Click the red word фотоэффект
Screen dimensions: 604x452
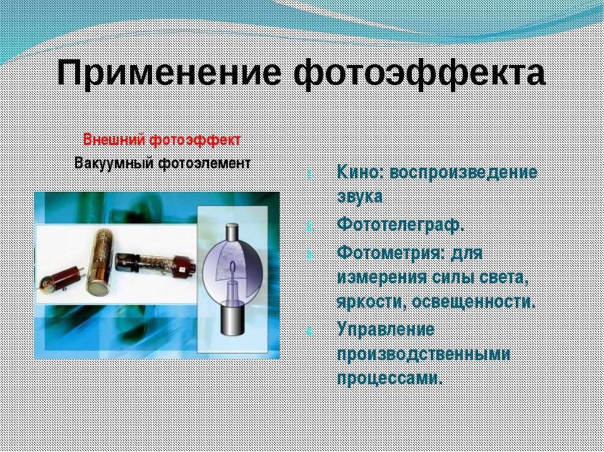pos(195,140)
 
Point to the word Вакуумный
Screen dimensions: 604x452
pos(114,163)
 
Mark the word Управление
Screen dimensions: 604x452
pos(386,329)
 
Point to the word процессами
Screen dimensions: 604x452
pos(389,379)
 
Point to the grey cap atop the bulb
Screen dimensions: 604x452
pos(232,232)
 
